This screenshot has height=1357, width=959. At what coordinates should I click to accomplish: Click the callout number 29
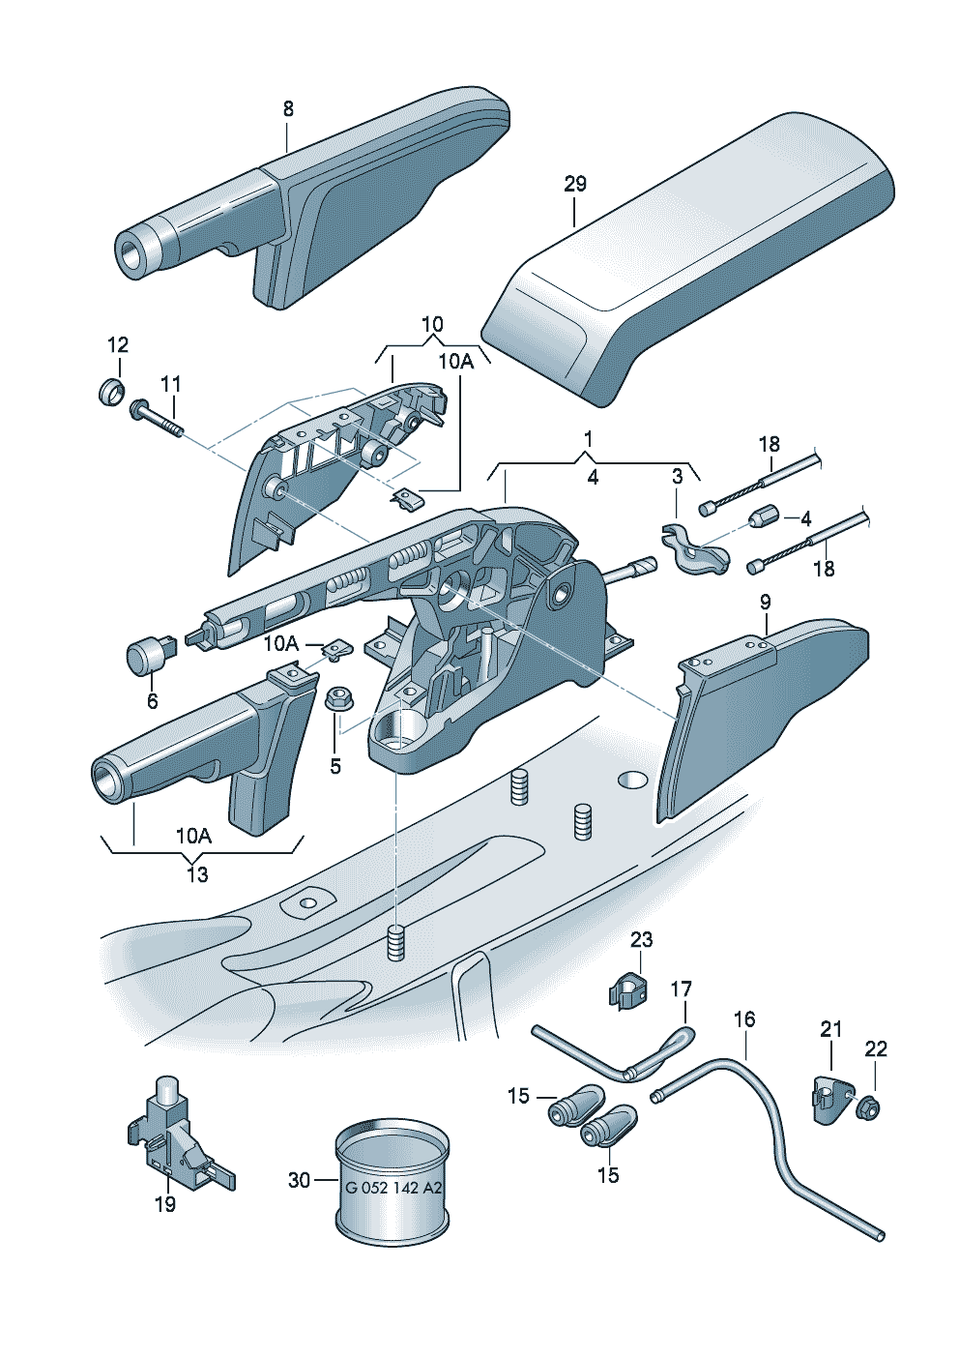pos(574,184)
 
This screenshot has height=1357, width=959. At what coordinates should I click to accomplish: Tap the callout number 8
pos(288,109)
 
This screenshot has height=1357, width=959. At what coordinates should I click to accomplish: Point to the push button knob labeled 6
pos(147,655)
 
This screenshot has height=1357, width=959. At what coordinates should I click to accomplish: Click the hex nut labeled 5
pos(337,697)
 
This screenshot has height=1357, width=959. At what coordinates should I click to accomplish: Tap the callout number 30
pos(299,1180)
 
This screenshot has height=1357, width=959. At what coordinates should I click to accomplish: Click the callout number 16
pos(743,1019)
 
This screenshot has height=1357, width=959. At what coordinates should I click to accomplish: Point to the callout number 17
pos(681,988)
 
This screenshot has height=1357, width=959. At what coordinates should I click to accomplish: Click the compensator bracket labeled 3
pos(694,549)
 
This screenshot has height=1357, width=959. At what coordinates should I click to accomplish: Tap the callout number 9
pos(765,602)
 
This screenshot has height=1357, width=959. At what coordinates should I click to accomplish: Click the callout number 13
pos(196,874)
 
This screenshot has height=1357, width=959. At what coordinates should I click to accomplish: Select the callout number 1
pos(588,439)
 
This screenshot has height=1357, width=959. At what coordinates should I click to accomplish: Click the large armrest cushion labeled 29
pos(686,251)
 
